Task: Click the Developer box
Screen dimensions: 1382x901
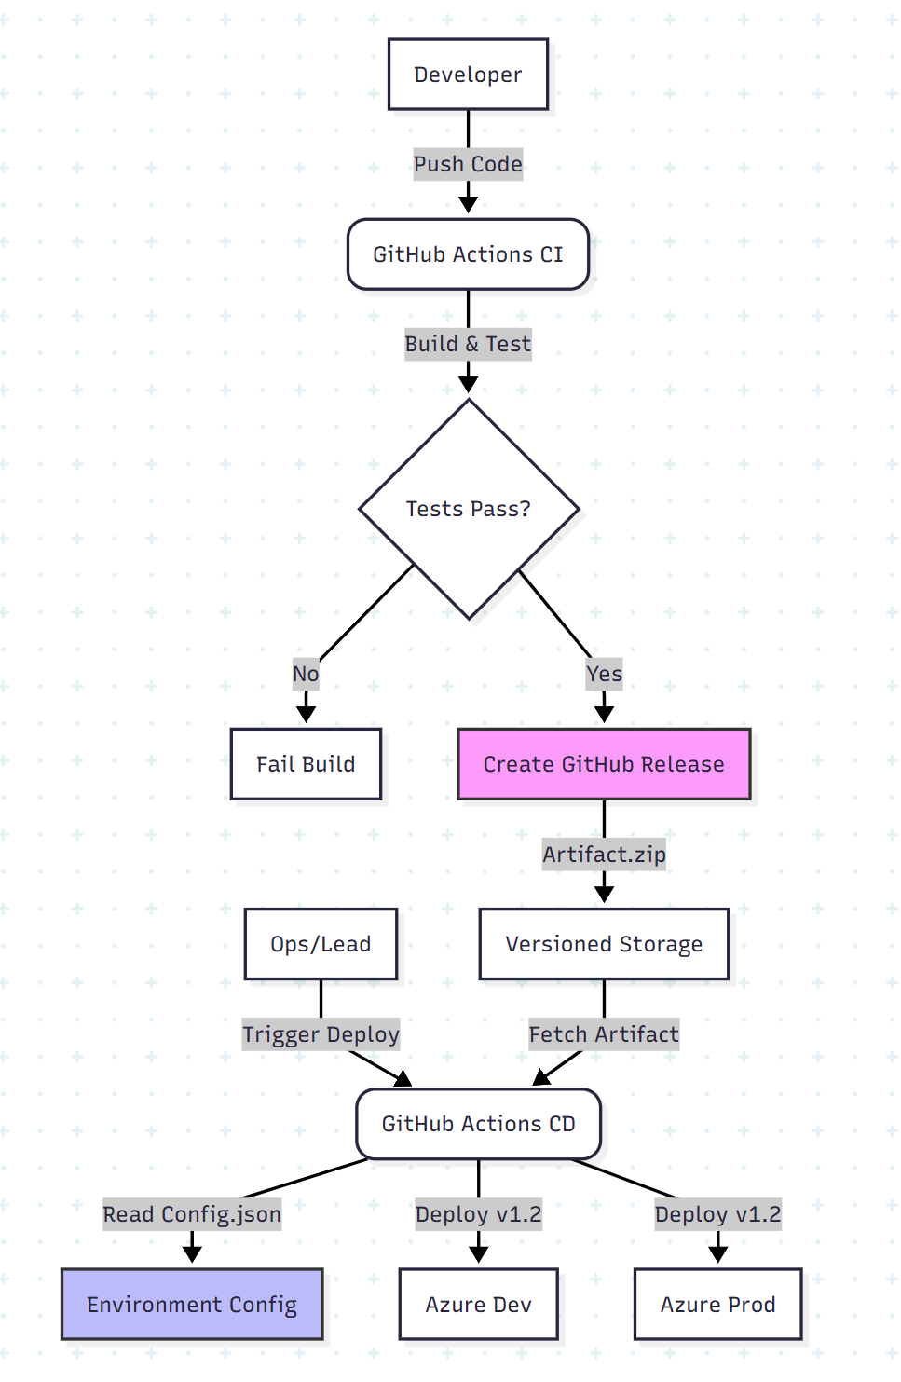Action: [x=468, y=75]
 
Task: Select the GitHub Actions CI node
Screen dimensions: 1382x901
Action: [x=468, y=254]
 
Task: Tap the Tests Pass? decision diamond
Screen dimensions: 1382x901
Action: [x=469, y=509]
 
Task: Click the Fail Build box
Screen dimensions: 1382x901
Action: [x=306, y=764]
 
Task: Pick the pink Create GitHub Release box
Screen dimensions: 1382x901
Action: [x=604, y=764]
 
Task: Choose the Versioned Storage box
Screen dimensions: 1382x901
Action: [x=604, y=944]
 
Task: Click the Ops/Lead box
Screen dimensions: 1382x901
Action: [x=321, y=944]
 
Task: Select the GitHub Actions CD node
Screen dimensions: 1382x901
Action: [x=478, y=1124]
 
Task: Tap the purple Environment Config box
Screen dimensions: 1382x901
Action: [x=192, y=1305]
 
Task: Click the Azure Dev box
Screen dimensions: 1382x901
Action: [x=478, y=1305]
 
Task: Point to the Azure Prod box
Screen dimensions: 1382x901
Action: [x=717, y=1305]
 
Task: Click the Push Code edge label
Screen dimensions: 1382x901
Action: [x=468, y=164]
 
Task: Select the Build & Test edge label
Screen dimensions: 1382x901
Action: [x=468, y=344]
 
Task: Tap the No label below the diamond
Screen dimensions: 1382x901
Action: [x=306, y=674]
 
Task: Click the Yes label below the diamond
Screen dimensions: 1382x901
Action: [x=604, y=674]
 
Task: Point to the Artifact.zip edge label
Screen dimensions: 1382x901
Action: [x=604, y=855]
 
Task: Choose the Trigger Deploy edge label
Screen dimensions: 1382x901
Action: [x=321, y=1034]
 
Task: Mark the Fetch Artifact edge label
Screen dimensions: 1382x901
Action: [x=604, y=1034]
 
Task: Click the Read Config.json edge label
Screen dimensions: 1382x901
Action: [x=192, y=1214]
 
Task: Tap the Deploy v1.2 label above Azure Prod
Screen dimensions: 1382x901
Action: [x=717, y=1214]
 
